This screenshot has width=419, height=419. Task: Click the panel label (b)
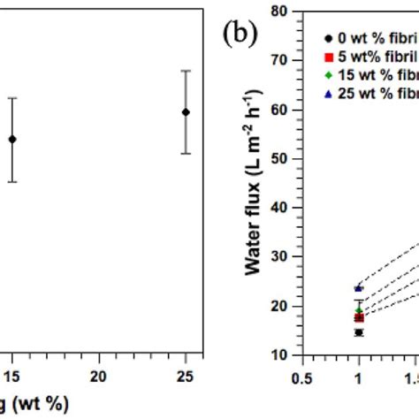point(239,38)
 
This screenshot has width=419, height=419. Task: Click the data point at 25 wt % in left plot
point(186,112)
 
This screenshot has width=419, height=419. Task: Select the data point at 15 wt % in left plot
point(12,139)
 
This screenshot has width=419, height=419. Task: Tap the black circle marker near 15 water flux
point(359,332)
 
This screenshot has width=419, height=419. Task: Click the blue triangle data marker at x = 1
point(359,288)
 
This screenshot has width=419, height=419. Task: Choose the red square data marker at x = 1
point(359,317)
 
